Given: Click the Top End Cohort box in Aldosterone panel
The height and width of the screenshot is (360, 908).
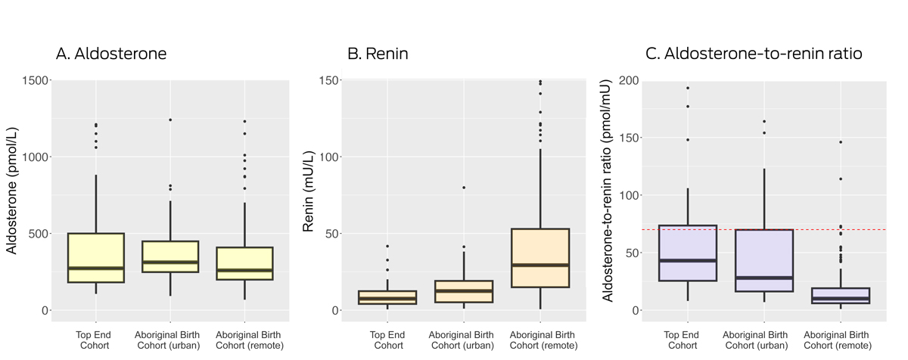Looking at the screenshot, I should (95, 257).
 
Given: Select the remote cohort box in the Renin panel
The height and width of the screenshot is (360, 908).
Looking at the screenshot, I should (540, 258).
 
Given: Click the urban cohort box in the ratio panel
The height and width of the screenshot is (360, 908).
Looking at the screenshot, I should (763, 260).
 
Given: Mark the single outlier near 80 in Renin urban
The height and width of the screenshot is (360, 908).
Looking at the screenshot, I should (463, 188).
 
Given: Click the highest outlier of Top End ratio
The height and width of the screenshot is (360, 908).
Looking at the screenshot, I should (687, 88).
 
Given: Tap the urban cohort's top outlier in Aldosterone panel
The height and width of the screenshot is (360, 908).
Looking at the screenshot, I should (170, 119).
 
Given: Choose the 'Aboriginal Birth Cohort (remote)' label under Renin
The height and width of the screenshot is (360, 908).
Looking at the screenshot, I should (540, 340).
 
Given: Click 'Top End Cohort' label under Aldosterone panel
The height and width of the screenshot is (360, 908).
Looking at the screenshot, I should (95, 340).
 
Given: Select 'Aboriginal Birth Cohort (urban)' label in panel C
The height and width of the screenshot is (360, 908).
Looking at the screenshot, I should (763, 340).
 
